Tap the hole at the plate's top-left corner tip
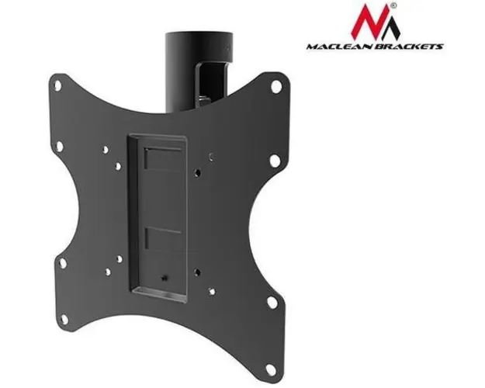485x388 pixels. (60, 83)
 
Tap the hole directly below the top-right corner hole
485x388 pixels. (273, 161)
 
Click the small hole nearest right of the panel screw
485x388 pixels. (199, 272)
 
